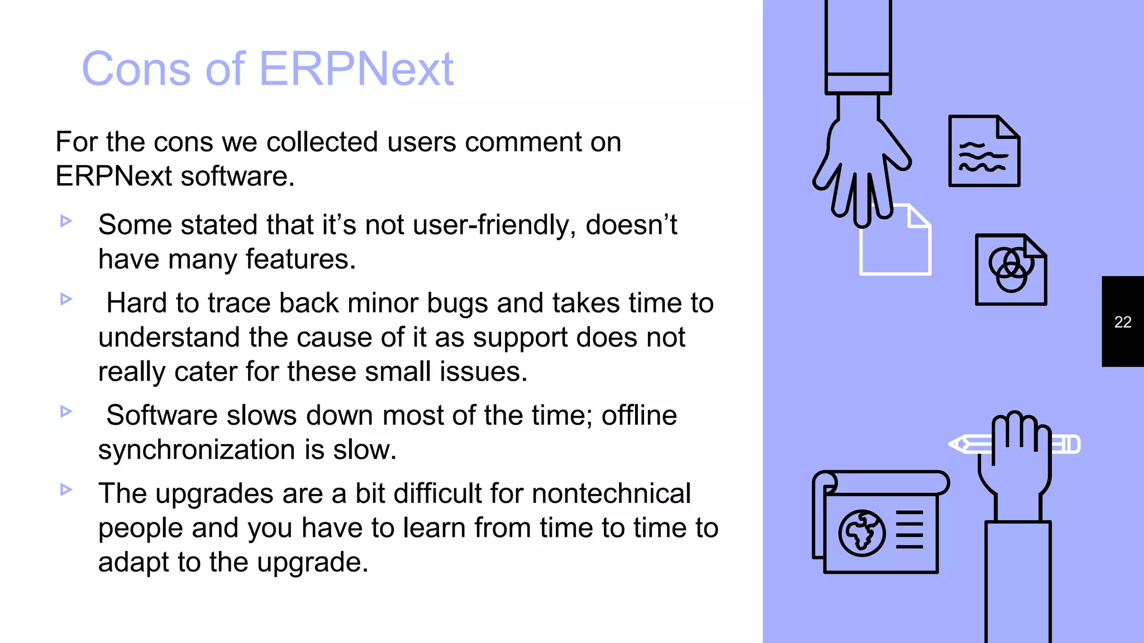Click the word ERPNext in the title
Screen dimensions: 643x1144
pos(356,69)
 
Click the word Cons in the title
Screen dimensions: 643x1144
pos(136,69)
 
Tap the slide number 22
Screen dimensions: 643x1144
pos(1122,322)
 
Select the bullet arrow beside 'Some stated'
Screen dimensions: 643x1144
pos(66,221)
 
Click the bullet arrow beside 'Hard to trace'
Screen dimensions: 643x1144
pos(66,299)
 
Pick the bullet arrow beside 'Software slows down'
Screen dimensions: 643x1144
pos(66,411)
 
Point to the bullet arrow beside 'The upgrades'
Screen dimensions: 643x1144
pos(66,490)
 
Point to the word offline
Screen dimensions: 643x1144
pos(639,416)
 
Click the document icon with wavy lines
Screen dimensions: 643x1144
pos(984,151)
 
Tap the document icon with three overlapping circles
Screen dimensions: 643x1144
pos(1010,270)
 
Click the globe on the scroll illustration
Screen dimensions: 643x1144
pos(861,533)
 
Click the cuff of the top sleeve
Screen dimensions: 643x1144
pos(858,84)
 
